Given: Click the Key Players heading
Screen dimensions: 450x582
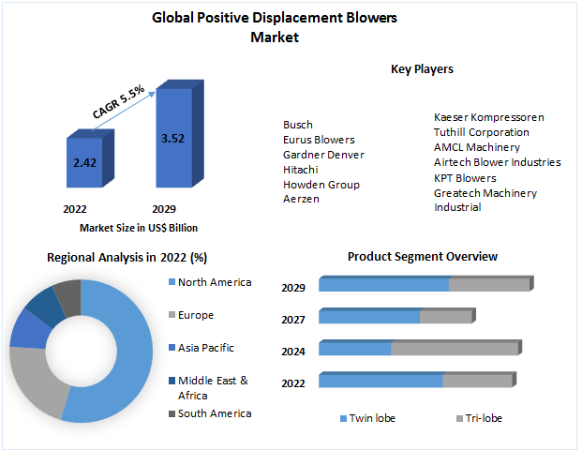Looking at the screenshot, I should pyautogui.click(x=422, y=68).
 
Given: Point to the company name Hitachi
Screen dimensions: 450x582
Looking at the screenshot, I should pyautogui.click(x=300, y=170).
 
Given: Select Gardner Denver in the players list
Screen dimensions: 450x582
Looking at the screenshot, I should pyautogui.click(x=323, y=155).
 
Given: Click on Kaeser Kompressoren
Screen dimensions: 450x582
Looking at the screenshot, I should pyautogui.click(x=488, y=117).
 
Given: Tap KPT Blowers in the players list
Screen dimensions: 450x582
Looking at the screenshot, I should pyautogui.click(x=465, y=177).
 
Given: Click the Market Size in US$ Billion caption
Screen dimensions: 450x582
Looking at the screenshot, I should pyautogui.click(x=138, y=227).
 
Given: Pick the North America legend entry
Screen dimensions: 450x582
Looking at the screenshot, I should pyautogui.click(x=214, y=282).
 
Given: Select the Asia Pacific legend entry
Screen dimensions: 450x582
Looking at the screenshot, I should pyautogui.click(x=205, y=348).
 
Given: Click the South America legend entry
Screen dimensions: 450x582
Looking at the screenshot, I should pyautogui.click(x=214, y=413).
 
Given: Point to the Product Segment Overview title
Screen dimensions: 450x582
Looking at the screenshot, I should pyautogui.click(x=422, y=256).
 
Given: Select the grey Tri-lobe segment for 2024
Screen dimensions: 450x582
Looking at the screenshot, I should pyautogui.click(x=454, y=349).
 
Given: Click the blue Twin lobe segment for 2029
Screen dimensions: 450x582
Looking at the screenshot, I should pyautogui.click(x=383, y=285).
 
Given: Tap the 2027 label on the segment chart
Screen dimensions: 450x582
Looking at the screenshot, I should pyautogui.click(x=293, y=320).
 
